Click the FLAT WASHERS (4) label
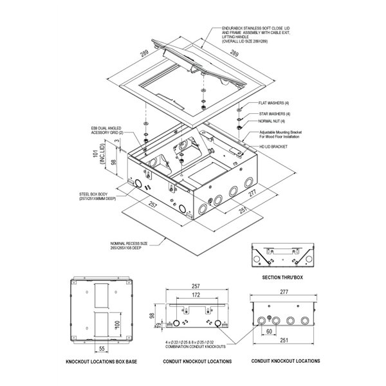pyautogui.click(x=274, y=103)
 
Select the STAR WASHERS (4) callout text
pyautogui.click(x=274, y=113)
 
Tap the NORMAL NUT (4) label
pyautogui.click(x=272, y=121)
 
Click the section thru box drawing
pyautogui.click(x=282, y=257)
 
